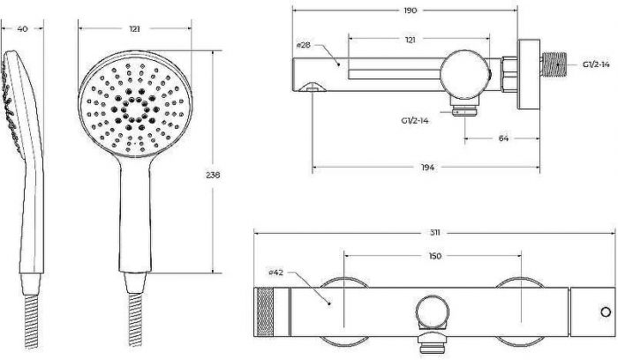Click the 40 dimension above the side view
coord(23,29)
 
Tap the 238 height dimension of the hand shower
coord(213,175)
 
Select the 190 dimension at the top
coord(410,11)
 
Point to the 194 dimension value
coord(427,168)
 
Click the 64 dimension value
coord(503,139)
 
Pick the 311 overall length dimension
coord(434,233)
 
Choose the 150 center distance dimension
coord(434,256)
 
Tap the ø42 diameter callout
coord(275,272)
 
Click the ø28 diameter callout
coord(303,45)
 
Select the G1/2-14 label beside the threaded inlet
coord(596,64)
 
